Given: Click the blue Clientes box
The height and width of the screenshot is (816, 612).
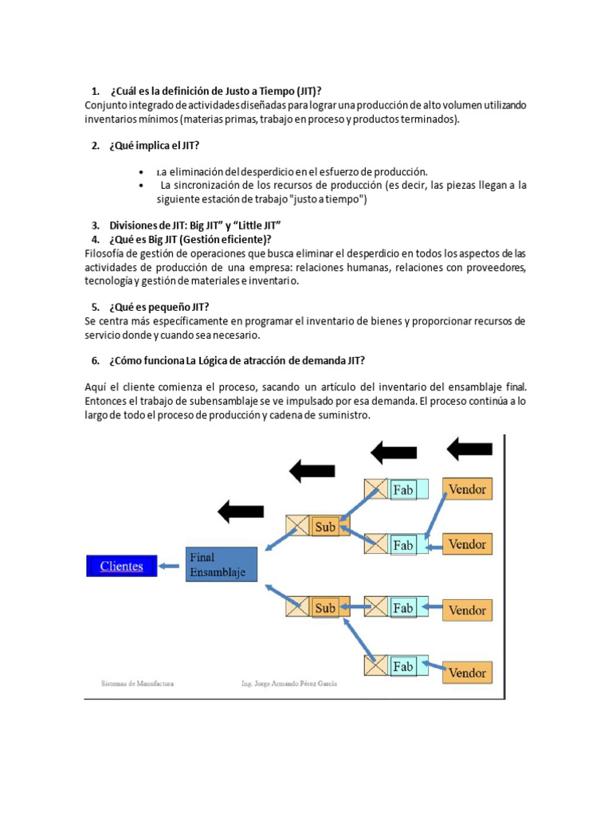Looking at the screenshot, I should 121,567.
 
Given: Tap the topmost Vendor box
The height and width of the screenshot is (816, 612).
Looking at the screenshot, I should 467,488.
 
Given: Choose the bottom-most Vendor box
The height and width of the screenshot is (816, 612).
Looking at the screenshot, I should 467,673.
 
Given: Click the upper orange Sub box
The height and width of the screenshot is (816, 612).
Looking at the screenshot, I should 325,526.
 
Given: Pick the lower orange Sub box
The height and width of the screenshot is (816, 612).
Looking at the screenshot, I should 325,608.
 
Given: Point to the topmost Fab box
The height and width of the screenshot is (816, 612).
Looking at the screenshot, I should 403,489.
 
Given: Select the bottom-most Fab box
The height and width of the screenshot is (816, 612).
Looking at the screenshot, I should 403,665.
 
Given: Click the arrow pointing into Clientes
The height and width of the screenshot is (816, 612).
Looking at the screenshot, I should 169,567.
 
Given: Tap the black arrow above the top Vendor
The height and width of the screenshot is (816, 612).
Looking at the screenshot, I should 469,449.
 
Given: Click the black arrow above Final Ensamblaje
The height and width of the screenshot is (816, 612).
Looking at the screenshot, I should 241,510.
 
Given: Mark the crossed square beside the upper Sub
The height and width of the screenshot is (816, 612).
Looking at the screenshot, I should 297,526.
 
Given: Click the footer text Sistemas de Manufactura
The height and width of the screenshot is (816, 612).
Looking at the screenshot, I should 137,684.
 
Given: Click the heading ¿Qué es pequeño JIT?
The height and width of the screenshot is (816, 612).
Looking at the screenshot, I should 159,307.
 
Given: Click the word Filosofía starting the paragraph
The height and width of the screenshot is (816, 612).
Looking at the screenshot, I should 104,253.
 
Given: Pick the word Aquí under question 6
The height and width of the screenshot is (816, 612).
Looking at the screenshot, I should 96,388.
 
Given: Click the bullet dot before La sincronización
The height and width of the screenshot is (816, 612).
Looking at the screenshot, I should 140,186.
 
